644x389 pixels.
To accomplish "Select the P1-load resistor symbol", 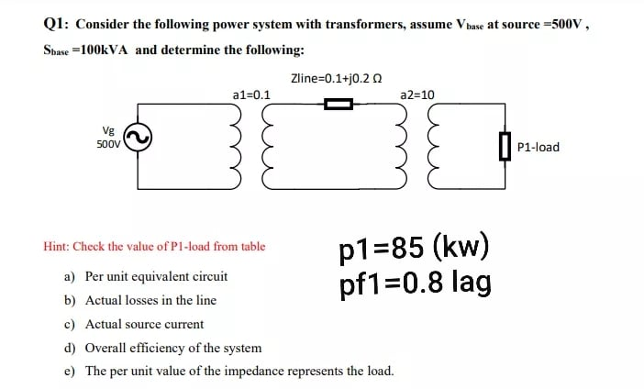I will tap(504, 146).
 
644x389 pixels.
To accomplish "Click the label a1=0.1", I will tap(251, 94).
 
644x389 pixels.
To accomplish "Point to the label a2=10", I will tap(418, 94).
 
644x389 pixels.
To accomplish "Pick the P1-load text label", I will tap(539, 147).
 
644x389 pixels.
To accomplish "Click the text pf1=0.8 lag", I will tap(415, 282).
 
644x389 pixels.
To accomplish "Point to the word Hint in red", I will tap(57, 247).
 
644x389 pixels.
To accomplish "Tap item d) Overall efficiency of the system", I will tap(162, 348).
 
